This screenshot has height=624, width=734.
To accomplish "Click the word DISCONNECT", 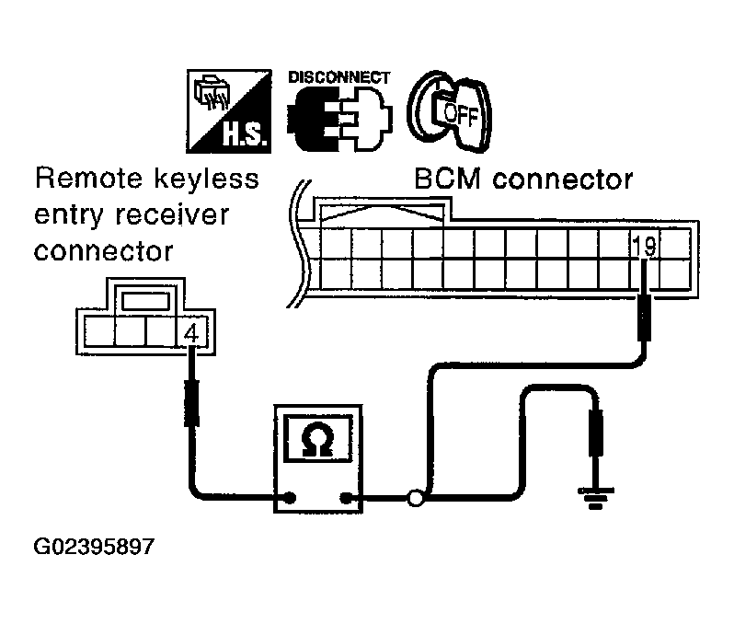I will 338,77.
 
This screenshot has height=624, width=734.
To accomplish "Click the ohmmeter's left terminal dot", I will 291,500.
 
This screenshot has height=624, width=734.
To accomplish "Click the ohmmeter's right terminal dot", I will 346,500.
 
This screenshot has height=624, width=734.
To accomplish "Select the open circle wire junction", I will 416,500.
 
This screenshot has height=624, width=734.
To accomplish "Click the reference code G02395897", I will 94,547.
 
